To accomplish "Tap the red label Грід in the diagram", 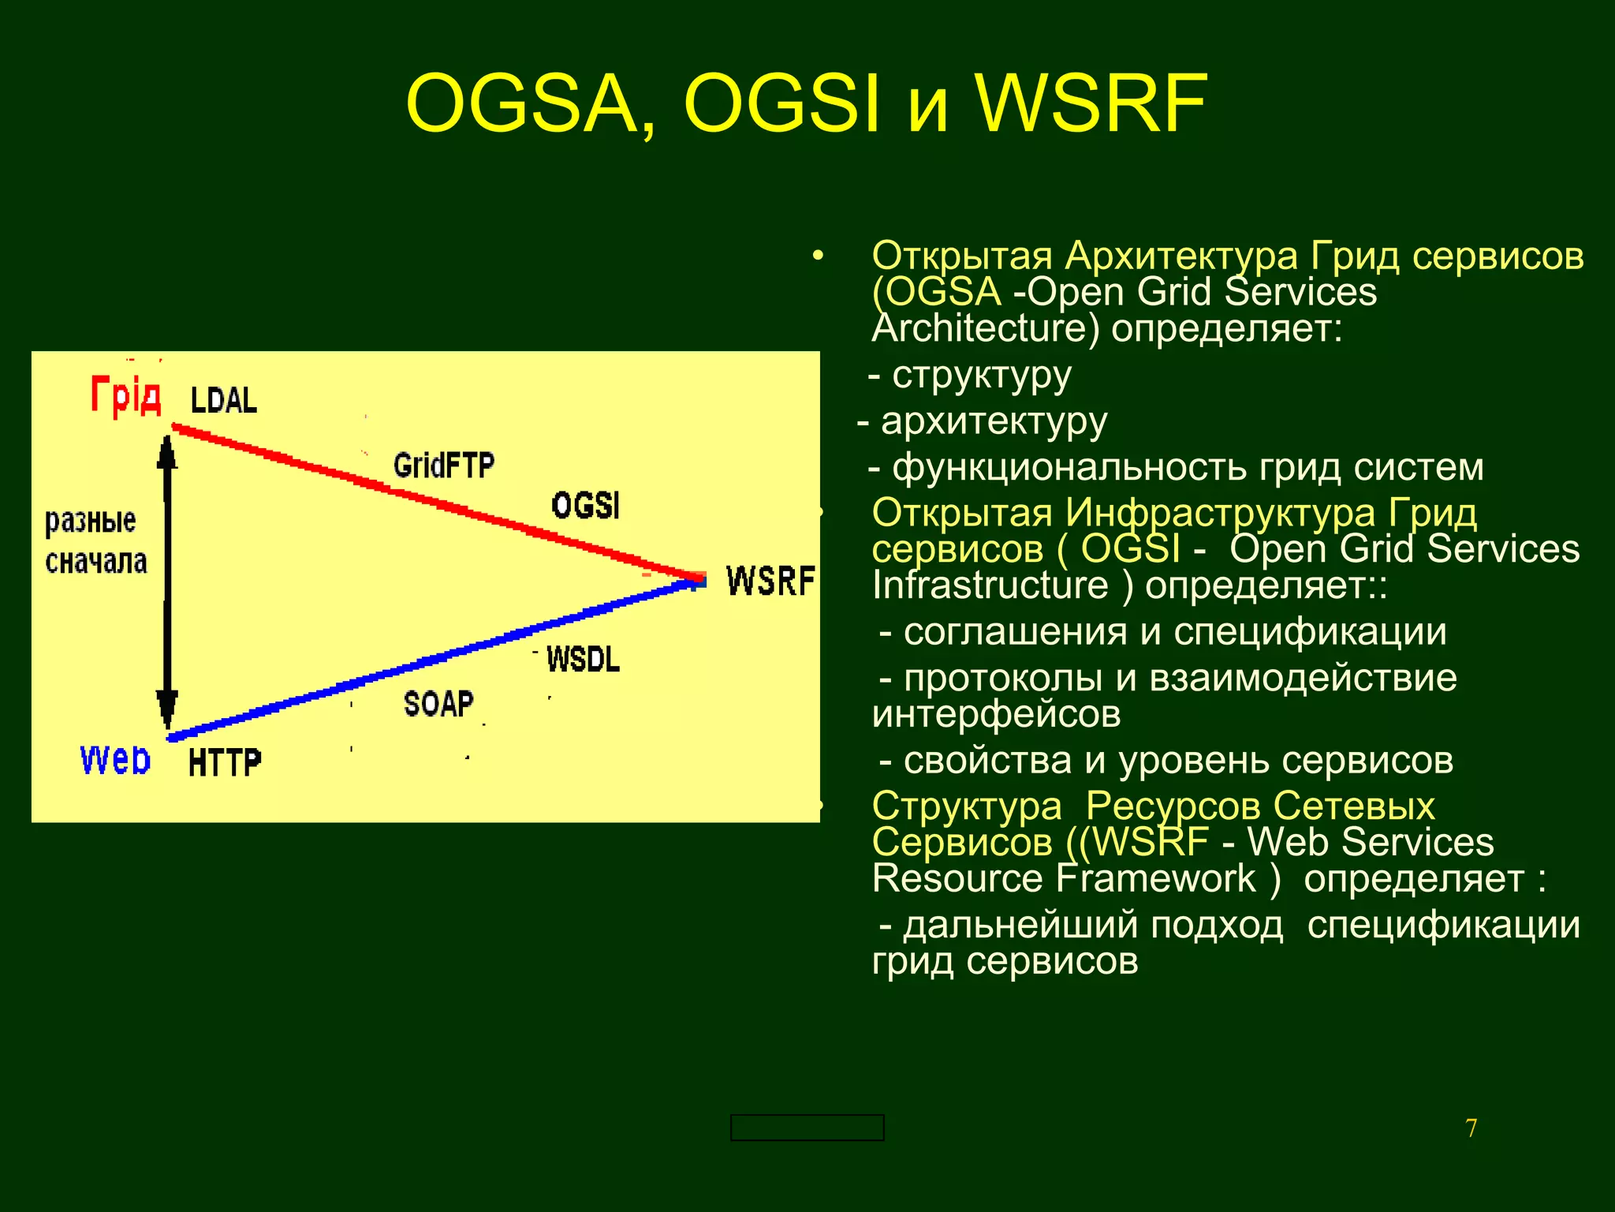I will (x=126, y=395).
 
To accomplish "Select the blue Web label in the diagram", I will (x=115, y=760).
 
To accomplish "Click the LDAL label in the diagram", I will (x=224, y=400).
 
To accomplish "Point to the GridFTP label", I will (x=443, y=465).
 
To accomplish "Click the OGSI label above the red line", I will (x=586, y=505).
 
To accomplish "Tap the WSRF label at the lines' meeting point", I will (x=770, y=581).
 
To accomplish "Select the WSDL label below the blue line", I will (x=583, y=659).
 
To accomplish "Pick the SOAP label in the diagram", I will (x=438, y=703).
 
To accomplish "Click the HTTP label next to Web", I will (x=225, y=762).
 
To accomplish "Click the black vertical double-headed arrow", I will (x=166, y=580).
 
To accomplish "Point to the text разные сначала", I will (x=95, y=541).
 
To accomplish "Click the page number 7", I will (x=1471, y=1128).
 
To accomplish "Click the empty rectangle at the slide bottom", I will (x=807, y=1128).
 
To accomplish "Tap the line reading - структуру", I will (x=970, y=376).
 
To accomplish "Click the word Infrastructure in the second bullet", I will (x=990, y=585).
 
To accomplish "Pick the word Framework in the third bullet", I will (x=1156, y=879).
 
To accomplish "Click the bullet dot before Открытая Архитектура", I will (x=818, y=256).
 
